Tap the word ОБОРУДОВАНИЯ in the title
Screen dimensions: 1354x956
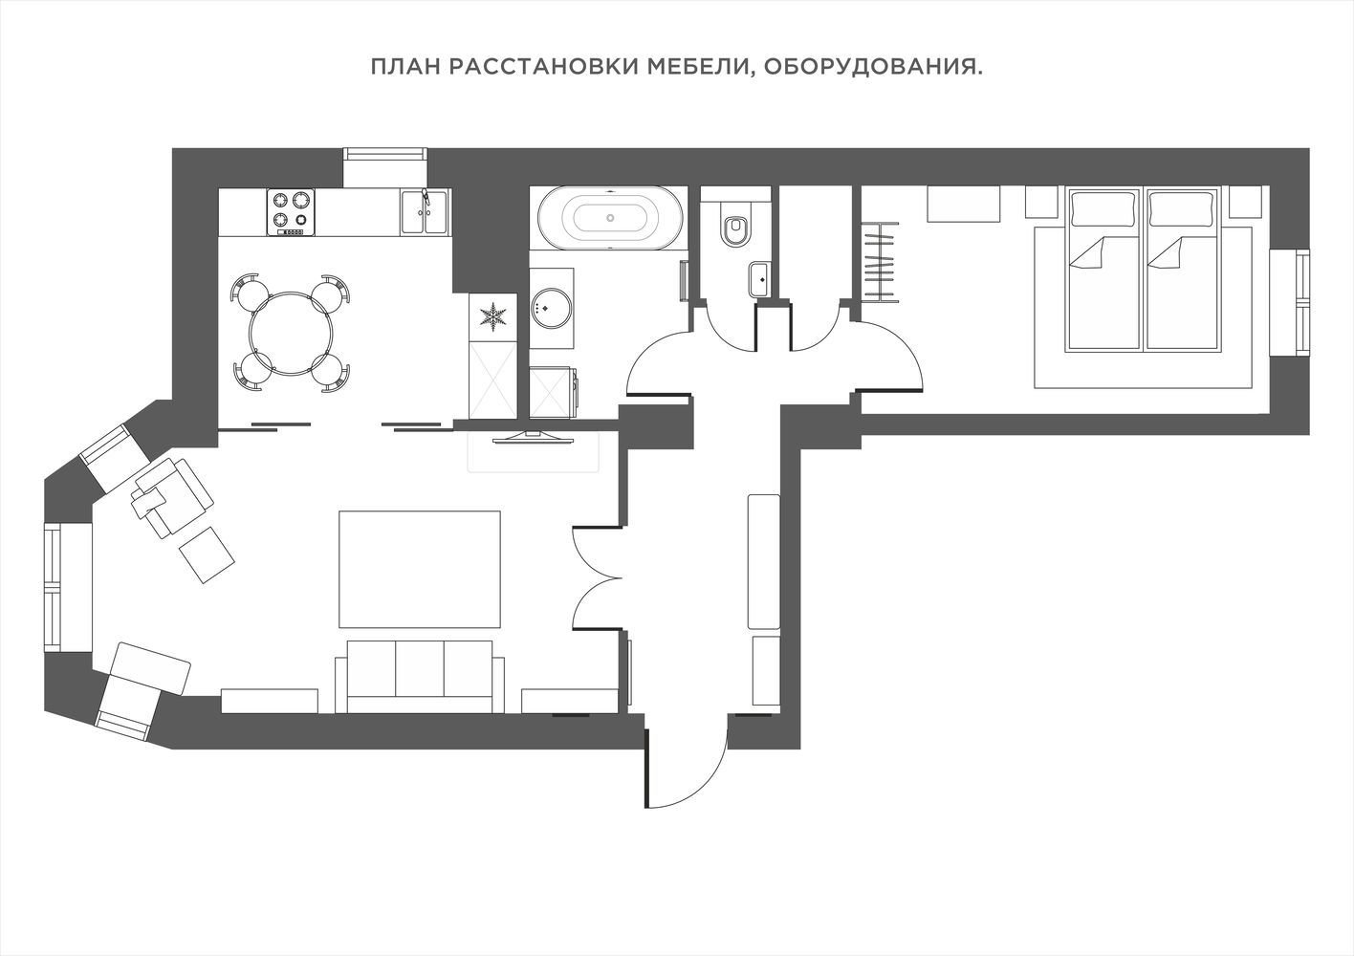tap(873, 67)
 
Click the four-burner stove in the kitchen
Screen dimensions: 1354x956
tap(291, 212)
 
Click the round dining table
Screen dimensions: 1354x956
tap(290, 334)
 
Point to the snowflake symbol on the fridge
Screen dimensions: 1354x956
tap(493, 316)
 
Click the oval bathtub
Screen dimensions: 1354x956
tap(610, 218)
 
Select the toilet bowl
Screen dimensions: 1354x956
tap(735, 226)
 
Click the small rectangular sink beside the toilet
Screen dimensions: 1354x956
tap(758, 280)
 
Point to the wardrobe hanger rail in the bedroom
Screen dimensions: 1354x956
tap(880, 261)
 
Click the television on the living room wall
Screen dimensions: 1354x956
tap(533, 438)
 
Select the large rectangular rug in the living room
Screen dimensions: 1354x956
tap(420, 569)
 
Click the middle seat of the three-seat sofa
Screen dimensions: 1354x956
tap(420, 668)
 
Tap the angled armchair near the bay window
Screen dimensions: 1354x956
tap(172, 497)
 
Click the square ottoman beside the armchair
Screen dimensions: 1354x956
tap(207, 554)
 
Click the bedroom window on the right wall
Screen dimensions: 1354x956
tap(1289, 302)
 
